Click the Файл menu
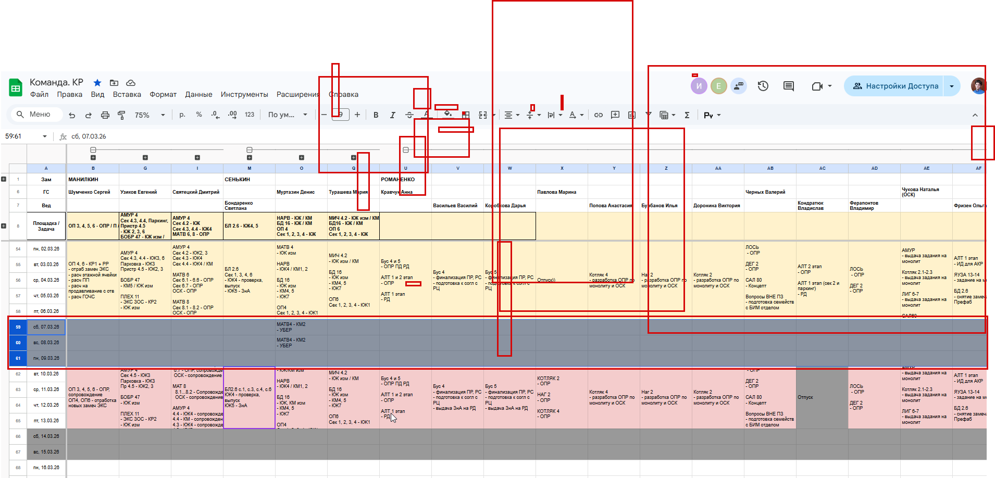[39, 94]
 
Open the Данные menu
[198, 94]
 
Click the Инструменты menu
[244, 94]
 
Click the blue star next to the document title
[97, 83]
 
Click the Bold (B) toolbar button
[376, 115]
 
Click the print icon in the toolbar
[105, 115]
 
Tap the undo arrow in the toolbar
[72, 115]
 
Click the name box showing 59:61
[25, 136]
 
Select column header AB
[770, 168]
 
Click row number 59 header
[18, 327]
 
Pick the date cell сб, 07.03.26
[46, 327]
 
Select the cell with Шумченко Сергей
[90, 192]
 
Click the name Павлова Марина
[556, 192]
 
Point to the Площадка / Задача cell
[46, 226]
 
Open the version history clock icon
[763, 86]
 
